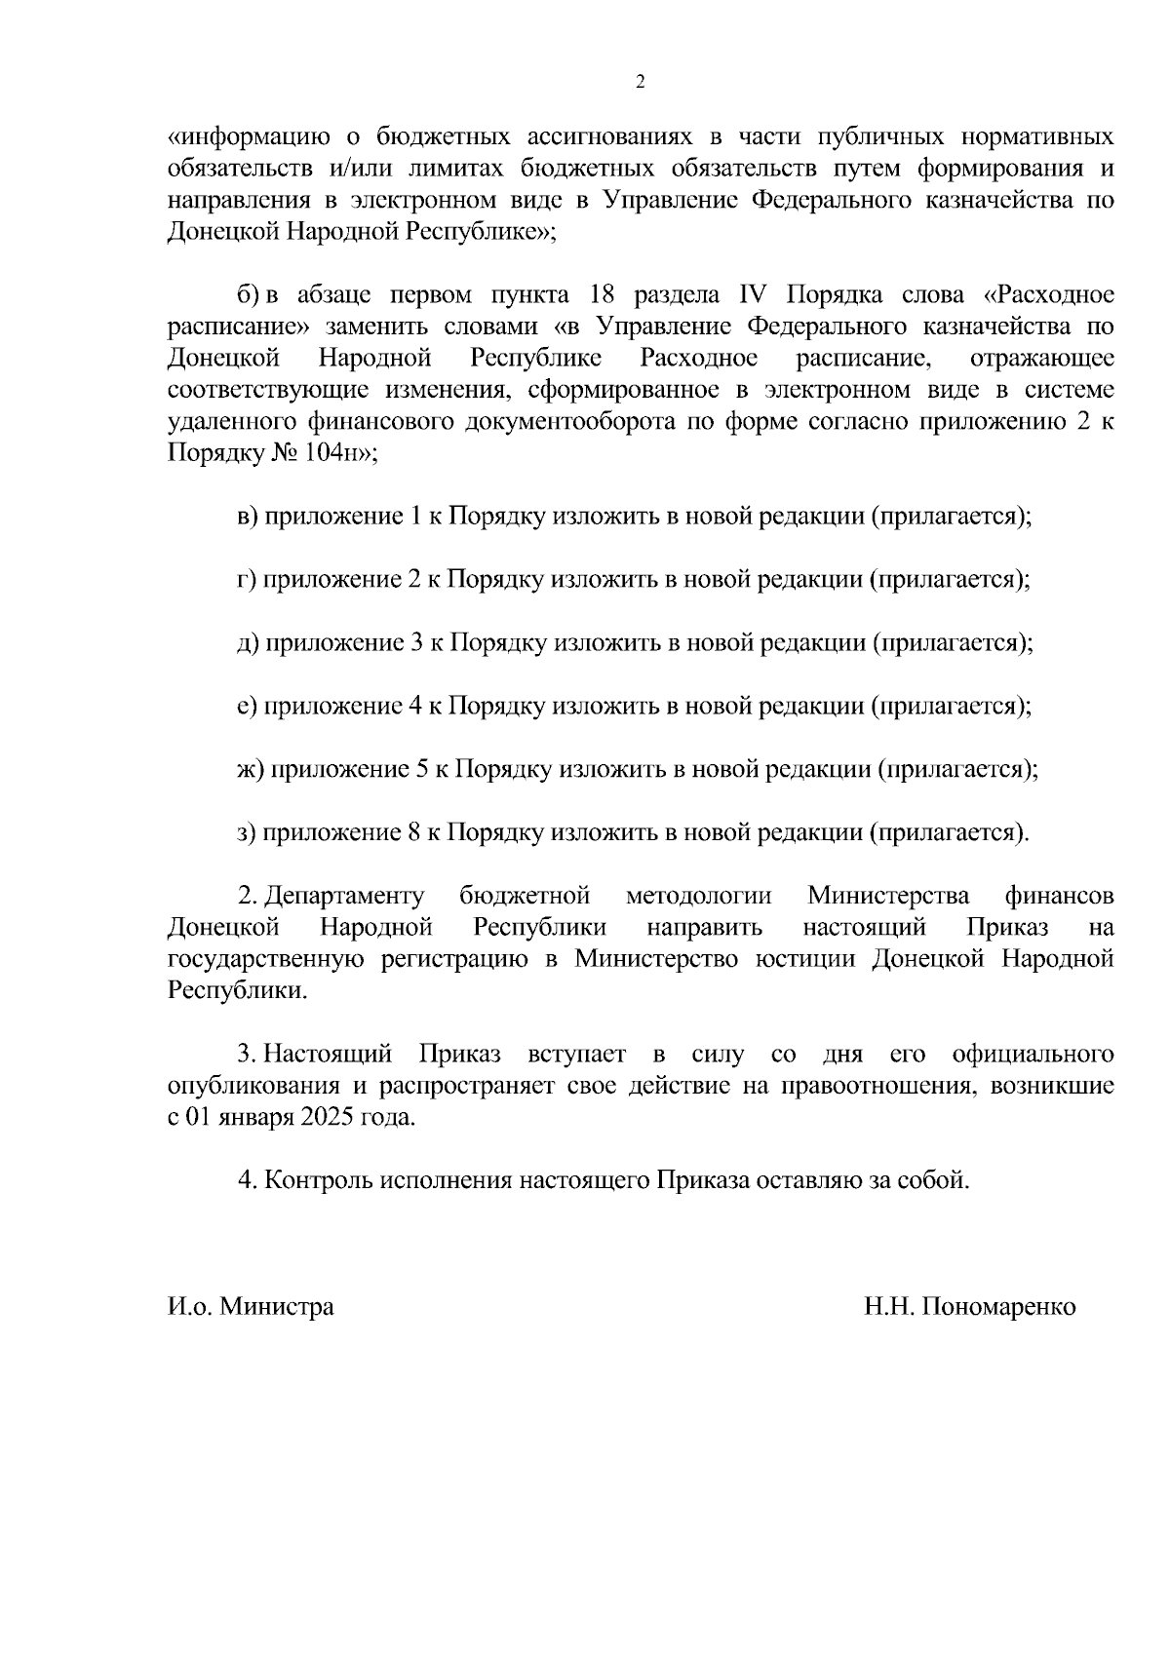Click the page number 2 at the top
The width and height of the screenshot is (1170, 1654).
pyautogui.click(x=640, y=83)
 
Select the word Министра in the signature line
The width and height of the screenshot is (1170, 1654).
pyautogui.click(x=276, y=1307)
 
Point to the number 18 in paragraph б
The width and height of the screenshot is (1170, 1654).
pyautogui.click(x=606, y=295)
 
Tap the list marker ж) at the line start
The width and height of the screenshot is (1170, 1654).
pyautogui.click(x=251, y=770)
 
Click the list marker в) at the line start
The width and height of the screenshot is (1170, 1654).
pyautogui.click(x=248, y=517)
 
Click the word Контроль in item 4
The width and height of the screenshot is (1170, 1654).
pyautogui.click(x=319, y=1181)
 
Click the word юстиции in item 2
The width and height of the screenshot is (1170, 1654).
pyautogui.click(x=806, y=960)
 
